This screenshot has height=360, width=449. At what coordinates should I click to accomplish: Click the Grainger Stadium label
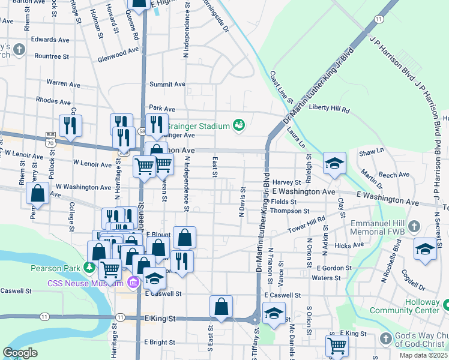pyautogui.click(x=198, y=126)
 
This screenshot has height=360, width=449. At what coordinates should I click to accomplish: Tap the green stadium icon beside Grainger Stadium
pyautogui.click(x=238, y=125)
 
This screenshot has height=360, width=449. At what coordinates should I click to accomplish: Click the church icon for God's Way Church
pyautogui.click(x=385, y=339)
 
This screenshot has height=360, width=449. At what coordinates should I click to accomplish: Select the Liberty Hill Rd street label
pyautogui.click(x=329, y=108)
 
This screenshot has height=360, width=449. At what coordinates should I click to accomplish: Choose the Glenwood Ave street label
pyautogui.click(x=118, y=53)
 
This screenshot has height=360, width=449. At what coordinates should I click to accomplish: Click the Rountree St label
pyautogui.click(x=52, y=56)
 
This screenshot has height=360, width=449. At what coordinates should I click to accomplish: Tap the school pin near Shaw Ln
pyautogui.click(x=334, y=163)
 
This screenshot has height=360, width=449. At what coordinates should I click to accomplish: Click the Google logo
pyautogui.click(x=20, y=352)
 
